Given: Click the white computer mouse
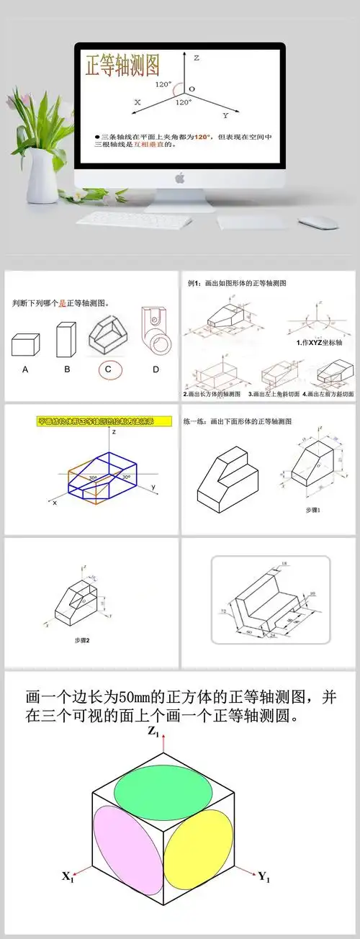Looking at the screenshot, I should coord(318,222).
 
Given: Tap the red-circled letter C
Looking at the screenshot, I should coord(109,370).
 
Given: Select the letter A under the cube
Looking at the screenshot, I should coord(26,369).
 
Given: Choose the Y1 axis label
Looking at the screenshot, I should coord(264,876).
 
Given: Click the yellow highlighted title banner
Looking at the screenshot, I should coord(105,421).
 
